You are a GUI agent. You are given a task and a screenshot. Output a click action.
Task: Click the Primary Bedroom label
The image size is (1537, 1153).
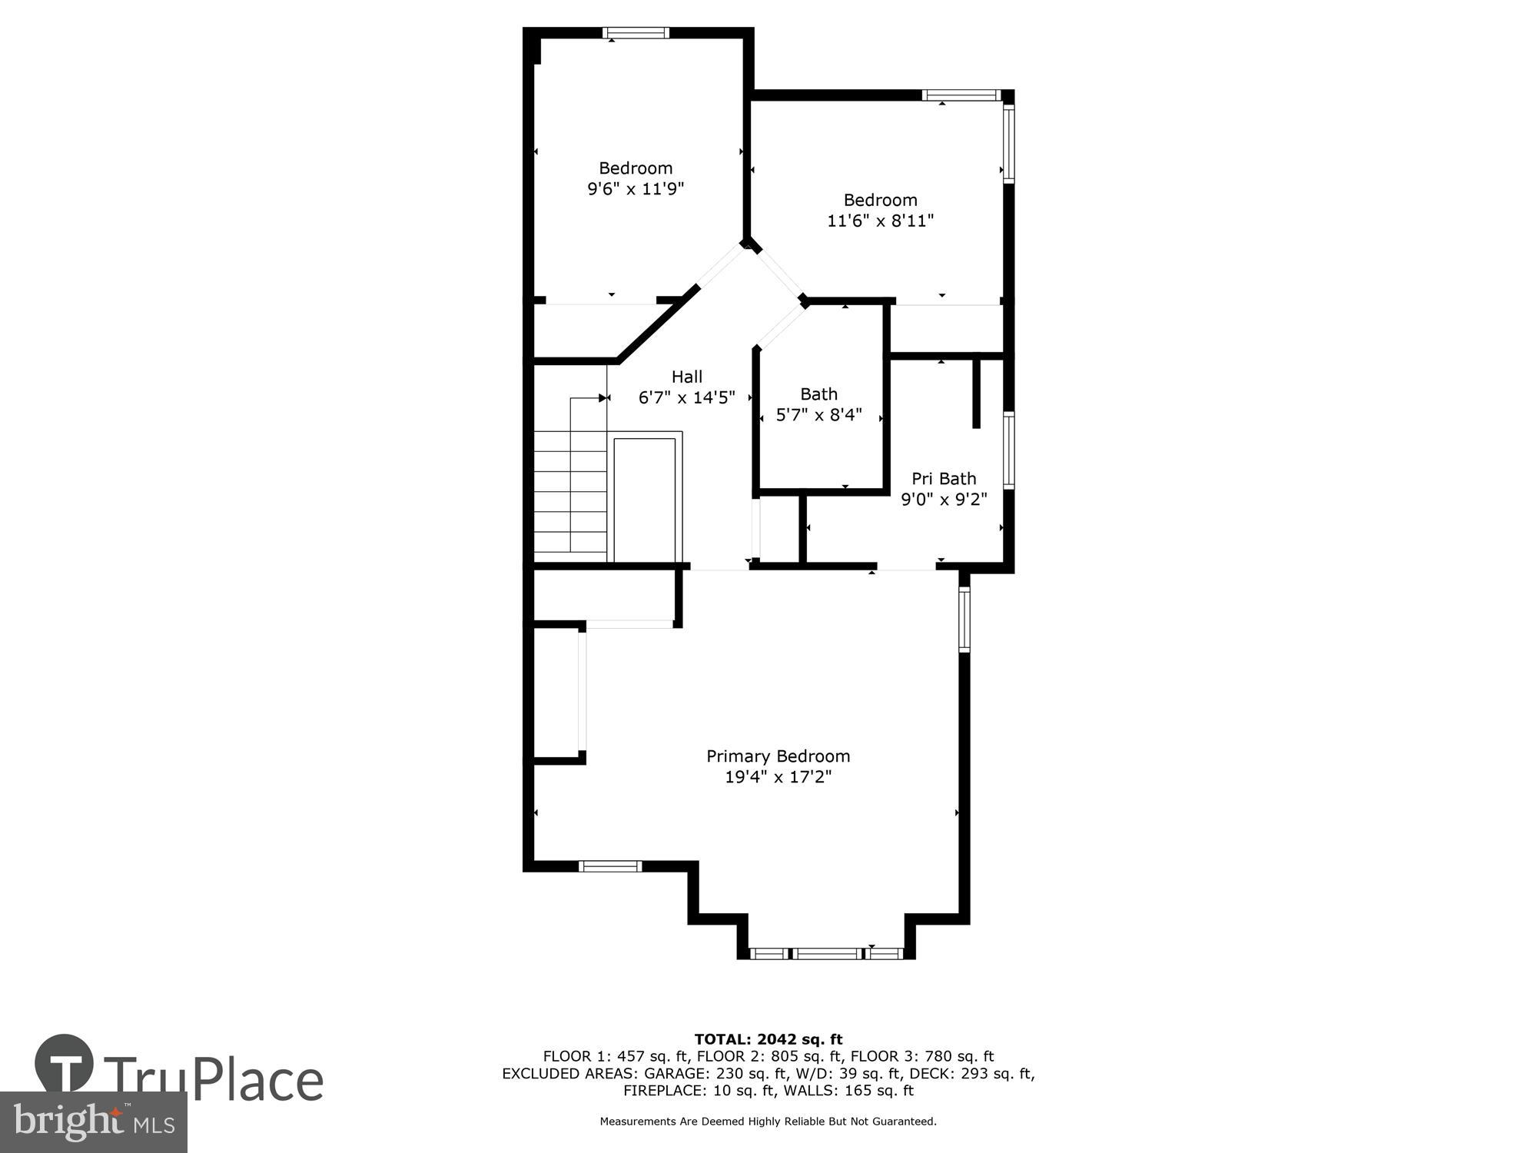click(x=778, y=756)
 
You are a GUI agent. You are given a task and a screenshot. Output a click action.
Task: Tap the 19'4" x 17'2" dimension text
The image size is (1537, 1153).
click(x=778, y=777)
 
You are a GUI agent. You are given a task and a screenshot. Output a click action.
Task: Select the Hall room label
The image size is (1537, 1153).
click(x=686, y=377)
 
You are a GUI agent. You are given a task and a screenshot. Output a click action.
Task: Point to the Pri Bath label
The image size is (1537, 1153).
click(x=944, y=478)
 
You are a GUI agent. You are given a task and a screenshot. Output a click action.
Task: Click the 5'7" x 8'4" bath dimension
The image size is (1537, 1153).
click(x=818, y=415)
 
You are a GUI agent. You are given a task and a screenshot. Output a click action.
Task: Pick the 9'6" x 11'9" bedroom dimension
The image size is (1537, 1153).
click(x=636, y=188)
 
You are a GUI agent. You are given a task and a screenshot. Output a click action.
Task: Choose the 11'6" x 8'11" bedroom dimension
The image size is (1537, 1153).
click(x=880, y=221)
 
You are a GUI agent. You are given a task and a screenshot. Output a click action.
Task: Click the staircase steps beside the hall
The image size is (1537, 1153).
click(x=570, y=496)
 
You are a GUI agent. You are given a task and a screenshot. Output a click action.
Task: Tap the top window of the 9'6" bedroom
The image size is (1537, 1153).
click(x=636, y=33)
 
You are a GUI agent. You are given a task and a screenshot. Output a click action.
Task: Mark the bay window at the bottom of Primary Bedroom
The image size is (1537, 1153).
click(x=825, y=954)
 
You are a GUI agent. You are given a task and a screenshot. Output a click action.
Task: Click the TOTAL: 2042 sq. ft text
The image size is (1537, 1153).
click(x=768, y=1039)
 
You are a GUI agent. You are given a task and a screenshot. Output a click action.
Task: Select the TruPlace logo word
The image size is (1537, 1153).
click(x=213, y=1079)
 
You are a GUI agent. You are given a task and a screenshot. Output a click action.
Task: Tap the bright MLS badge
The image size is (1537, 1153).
click(x=93, y=1122)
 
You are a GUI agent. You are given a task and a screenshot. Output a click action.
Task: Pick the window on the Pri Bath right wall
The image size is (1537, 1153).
click(x=1008, y=450)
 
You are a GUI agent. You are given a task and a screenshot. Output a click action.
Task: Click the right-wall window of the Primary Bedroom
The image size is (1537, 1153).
click(x=964, y=620)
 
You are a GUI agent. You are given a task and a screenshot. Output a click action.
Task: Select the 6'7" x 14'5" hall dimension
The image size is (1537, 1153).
click(x=686, y=397)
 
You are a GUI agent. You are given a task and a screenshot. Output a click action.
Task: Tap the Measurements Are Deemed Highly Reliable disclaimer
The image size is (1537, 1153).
click(x=768, y=1121)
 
